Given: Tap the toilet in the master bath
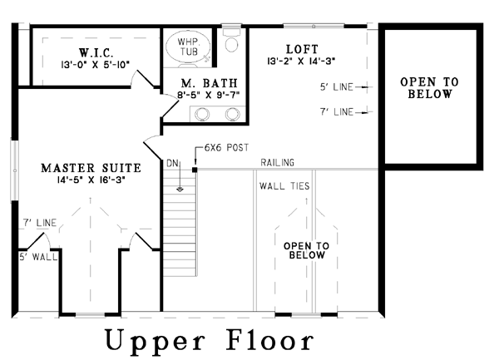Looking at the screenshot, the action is point(231,40).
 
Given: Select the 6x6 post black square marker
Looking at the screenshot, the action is point(195,170).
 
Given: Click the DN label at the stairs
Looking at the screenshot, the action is point(173,163).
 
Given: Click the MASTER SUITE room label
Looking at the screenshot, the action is point(91,168).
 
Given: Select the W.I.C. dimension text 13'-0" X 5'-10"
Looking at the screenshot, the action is point(95,65).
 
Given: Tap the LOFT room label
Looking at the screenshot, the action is point(302,49).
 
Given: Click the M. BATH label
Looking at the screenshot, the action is point(210,83).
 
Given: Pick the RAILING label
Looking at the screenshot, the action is point(277,162).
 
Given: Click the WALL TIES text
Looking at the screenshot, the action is point(284,186).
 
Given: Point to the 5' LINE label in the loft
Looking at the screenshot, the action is point(337,86).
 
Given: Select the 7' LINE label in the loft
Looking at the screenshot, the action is point(337,112).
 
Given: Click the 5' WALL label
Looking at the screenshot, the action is point(38,257).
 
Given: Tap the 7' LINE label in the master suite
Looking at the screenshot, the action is point(40,223).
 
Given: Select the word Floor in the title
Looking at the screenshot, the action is point(269,340).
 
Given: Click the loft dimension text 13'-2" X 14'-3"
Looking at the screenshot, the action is point(301,61).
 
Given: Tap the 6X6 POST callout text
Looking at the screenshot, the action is point(226,147).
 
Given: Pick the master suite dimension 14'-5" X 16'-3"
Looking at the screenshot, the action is point(91,180).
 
